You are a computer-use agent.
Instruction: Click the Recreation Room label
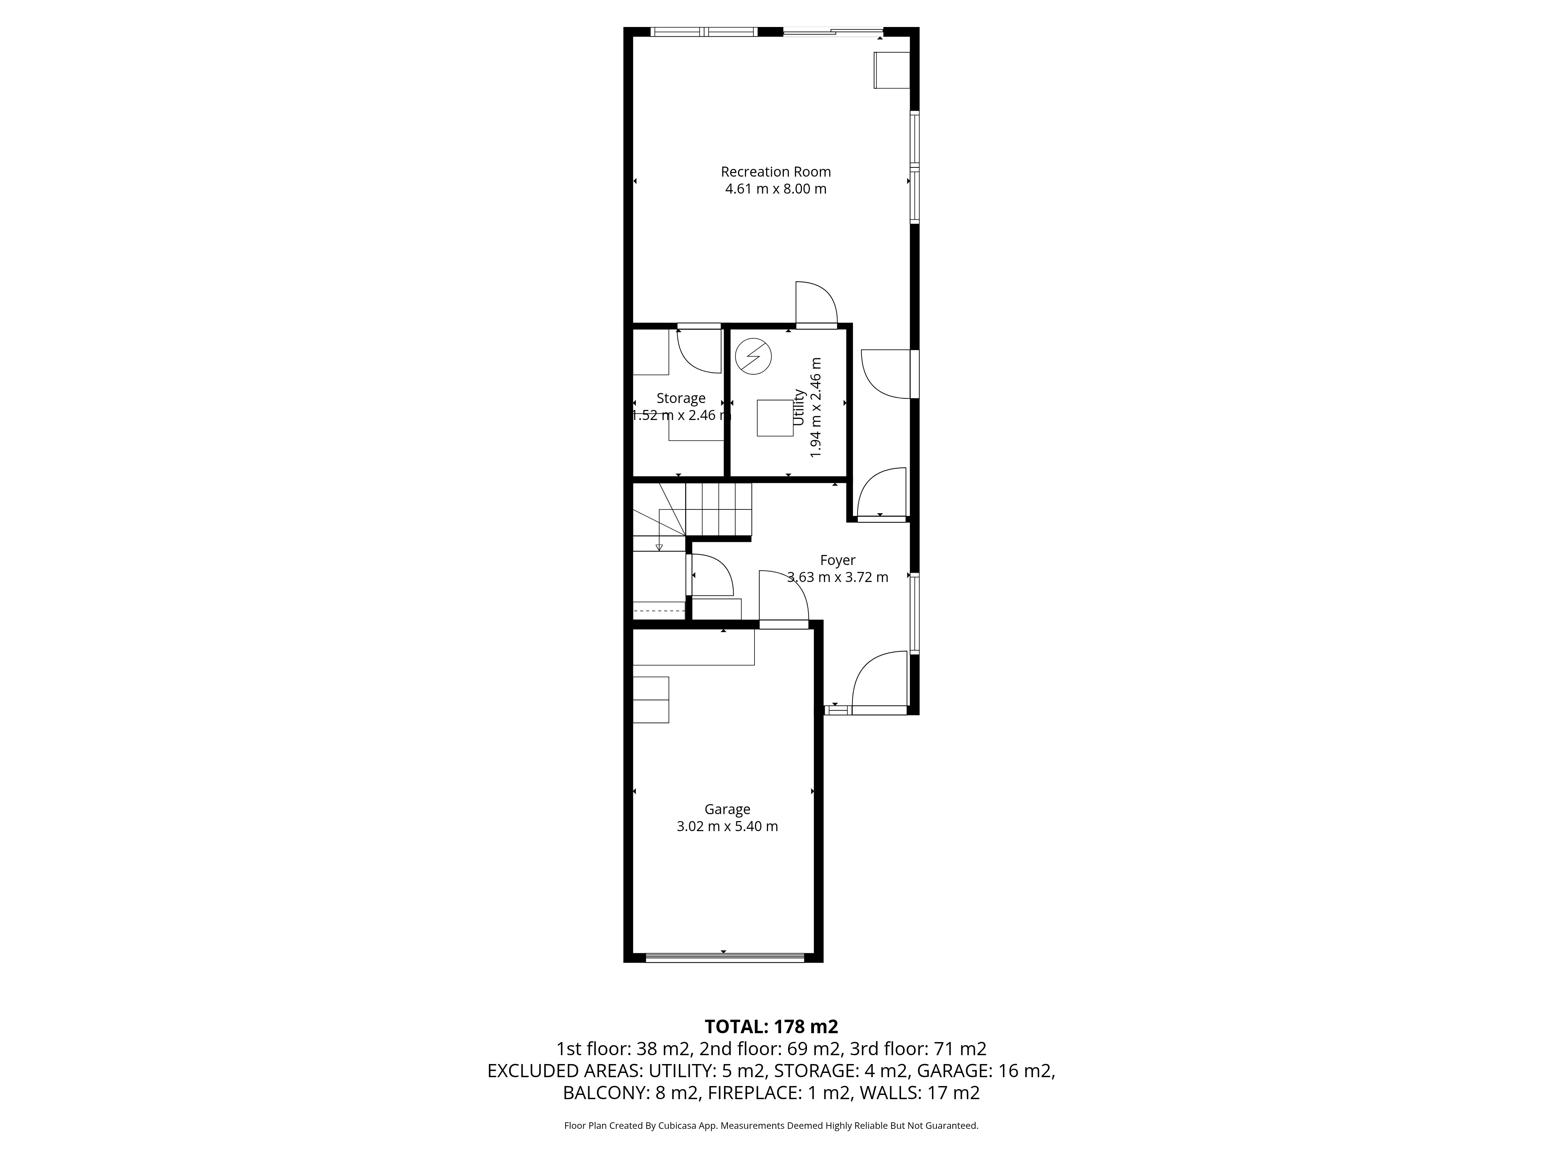(776, 172)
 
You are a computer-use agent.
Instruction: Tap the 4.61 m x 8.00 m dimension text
(776, 189)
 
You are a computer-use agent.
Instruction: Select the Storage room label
(681, 398)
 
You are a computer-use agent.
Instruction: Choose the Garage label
(727, 809)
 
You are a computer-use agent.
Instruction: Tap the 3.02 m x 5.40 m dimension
(727, 826)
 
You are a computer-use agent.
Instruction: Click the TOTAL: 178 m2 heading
(771, 1027)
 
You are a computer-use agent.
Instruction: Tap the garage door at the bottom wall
(725, 958)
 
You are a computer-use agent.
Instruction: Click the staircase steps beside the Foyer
(719, 510)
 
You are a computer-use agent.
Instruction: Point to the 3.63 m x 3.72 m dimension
(838, 577)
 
